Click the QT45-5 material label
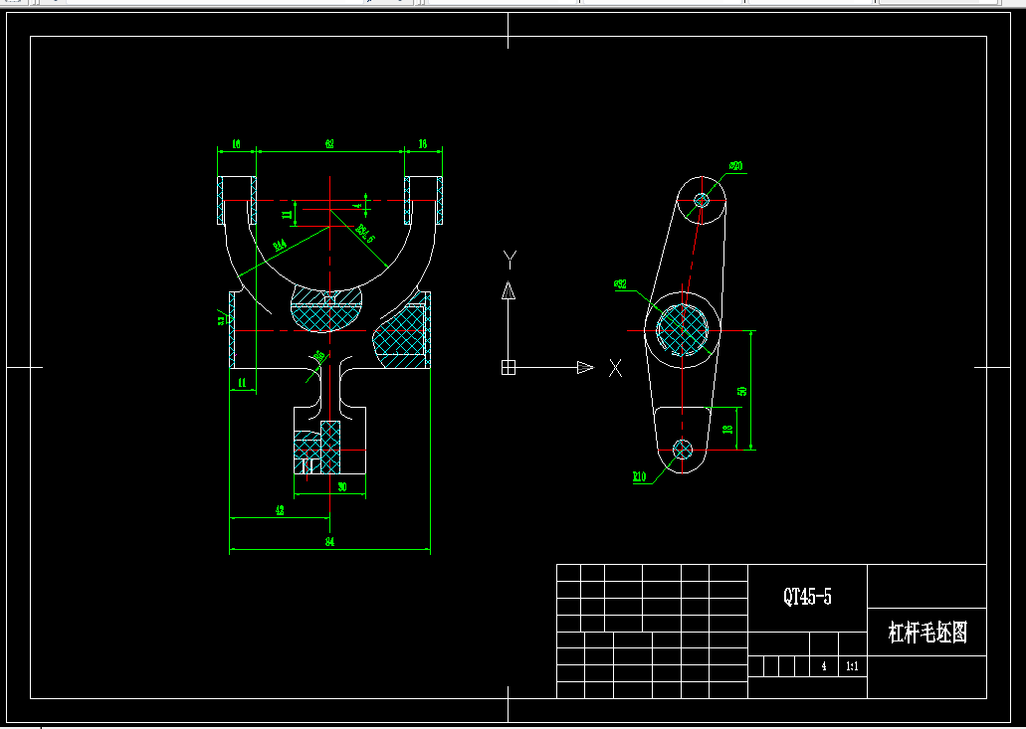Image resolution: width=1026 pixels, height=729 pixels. click(x=807, y=597)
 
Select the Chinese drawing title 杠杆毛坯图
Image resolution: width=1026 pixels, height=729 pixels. click(x=927, y=633)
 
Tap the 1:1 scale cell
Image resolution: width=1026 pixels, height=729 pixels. click(x=852, y=667)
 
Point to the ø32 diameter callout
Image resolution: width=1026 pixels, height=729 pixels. click(x=621, y=284)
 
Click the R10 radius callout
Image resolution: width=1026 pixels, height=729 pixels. click(x=639, y=476)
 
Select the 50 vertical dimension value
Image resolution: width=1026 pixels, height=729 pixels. click(x=742, y=390)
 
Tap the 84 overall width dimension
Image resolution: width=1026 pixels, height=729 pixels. click(x=329, y=542)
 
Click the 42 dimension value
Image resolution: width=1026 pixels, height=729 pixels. click(x=280, y=510)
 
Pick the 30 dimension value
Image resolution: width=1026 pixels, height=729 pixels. click(x=341, y=487)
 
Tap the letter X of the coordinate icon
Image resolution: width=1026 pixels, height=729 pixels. click(x=616, y=369)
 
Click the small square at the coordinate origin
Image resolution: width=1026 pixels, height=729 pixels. click(x=509, y=368)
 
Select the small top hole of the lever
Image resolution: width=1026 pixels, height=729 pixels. click(x=702, y=200)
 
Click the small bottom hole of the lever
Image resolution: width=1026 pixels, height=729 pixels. click(x=683, y=449)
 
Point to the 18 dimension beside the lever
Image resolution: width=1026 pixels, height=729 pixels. click(x=727, y=430)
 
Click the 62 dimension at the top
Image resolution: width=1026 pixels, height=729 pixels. click(x=329, y=144)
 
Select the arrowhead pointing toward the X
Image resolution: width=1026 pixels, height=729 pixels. click(x=585, y=368)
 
